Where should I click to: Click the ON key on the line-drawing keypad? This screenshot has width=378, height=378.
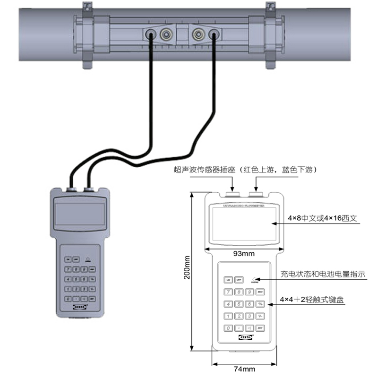[x=228, y=280]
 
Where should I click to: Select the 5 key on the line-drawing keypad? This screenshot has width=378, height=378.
[x=239, y=304]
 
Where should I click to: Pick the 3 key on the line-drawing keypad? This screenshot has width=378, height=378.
[x=250, y=316]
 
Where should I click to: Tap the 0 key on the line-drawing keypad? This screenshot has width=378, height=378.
[x=228, y=328]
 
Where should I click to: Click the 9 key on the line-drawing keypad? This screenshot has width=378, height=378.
[x=250, y=292]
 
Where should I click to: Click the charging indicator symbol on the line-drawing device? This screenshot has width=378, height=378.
[x=256, y=279]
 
